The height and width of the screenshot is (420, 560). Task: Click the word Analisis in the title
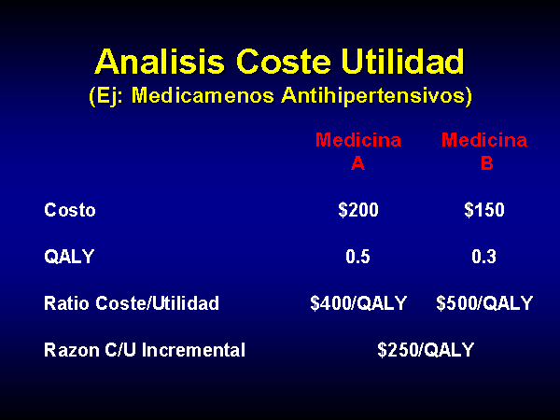pos(160,61)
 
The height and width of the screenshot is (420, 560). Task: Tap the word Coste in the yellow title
pos(284,61)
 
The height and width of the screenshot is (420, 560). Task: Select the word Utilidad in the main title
pos(403,61)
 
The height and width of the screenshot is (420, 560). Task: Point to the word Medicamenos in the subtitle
pos(203,95)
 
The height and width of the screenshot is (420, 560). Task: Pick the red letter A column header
pos(357,163)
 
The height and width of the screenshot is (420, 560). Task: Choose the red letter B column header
pos(487,163)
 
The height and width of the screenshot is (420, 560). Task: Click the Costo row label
pos(70,210)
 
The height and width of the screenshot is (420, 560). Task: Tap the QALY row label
pos(69,257)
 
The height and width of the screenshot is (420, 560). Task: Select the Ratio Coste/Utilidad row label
pos(132,303)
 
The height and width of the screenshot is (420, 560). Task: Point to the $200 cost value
pos(358,210)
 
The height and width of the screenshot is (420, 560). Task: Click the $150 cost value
pos(484,210)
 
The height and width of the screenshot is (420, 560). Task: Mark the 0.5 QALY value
pos(357,257)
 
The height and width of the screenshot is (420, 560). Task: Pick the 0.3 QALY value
pos(483,257)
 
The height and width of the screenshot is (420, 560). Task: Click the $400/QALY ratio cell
pos(358,303)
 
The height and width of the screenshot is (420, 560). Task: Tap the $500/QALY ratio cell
pos(484,303)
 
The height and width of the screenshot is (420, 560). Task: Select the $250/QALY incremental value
pos(426,350)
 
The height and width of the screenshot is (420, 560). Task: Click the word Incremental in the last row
pos(193,350)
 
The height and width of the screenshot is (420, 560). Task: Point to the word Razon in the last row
pos(72,350)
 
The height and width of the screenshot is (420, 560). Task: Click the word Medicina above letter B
pos(484,140)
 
